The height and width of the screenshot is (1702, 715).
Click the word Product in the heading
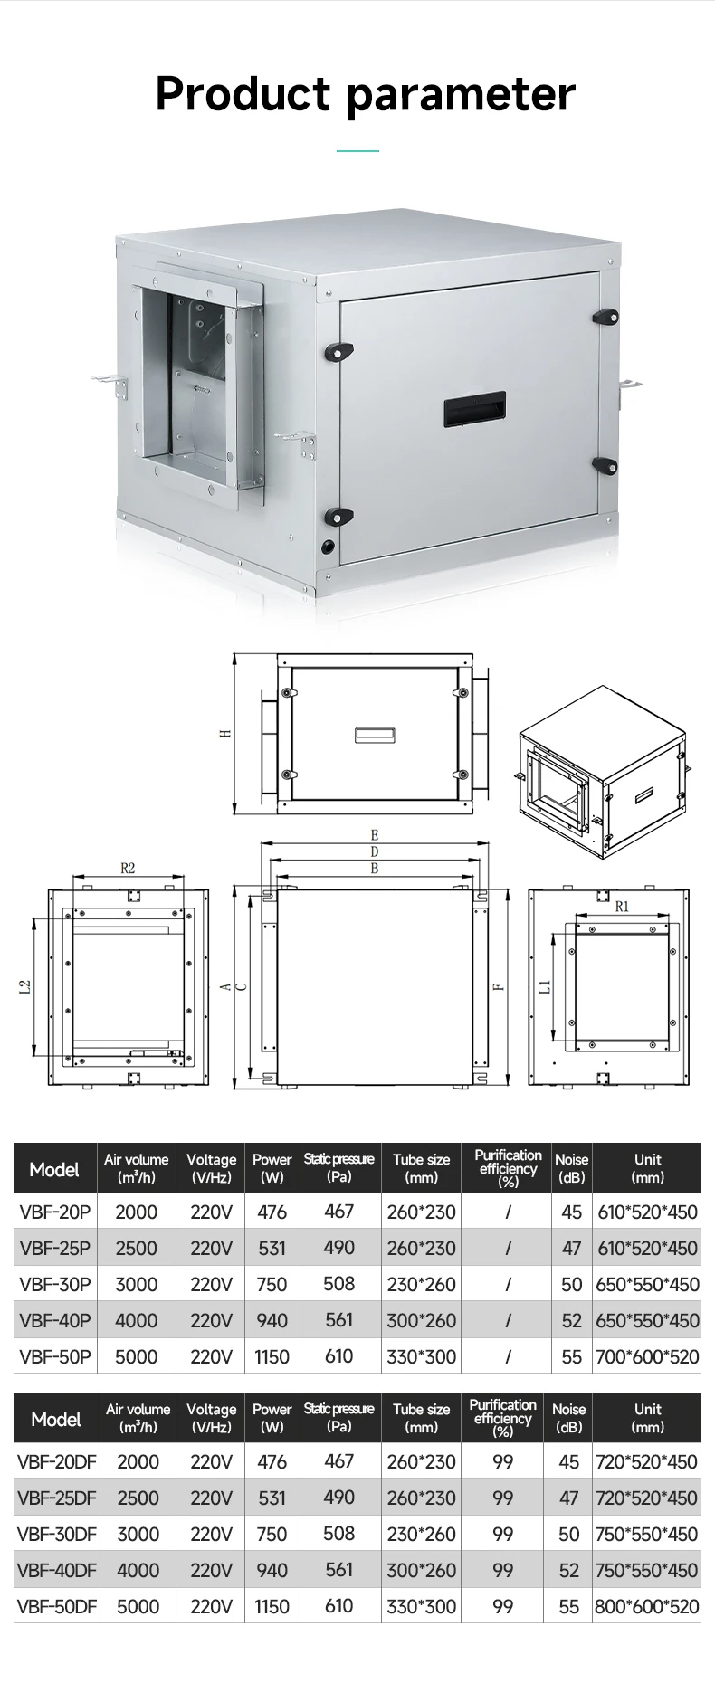[243, 94]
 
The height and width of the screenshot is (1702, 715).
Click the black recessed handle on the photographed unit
[474, 411]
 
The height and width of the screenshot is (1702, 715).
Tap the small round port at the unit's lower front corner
[328, 547]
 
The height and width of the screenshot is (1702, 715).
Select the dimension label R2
[128, 868]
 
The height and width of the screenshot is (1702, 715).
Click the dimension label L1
[545, 986]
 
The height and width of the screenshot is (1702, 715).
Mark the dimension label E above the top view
[374, 835]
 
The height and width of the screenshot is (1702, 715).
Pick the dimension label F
[499, 986]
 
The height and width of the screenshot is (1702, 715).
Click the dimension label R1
[622, 906]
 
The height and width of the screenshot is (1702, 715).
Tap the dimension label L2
[25, 988]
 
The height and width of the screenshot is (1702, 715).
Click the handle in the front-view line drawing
[374, 735]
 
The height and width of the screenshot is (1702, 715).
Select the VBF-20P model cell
[55, 1212]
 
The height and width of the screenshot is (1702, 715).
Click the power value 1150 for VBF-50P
[272, 1356]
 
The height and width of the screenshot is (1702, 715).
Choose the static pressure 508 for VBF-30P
[339, 1283]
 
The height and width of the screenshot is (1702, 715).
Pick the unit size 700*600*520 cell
[647, 1356]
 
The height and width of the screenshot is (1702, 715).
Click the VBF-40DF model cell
[56, 1570]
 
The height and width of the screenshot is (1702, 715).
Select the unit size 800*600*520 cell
[646, 1606]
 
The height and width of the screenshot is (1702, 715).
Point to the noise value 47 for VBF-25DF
[568, 1498]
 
